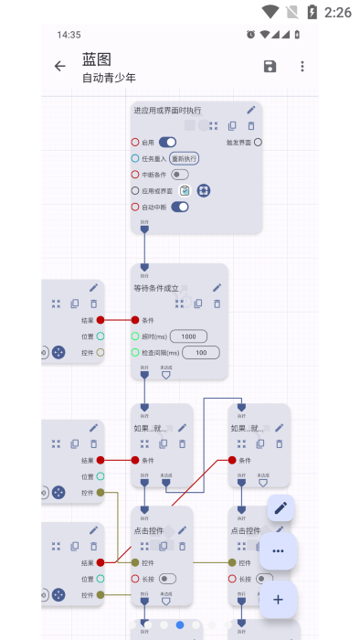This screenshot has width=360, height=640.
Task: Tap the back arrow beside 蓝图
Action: (60, 66)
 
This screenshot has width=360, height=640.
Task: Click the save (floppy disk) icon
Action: (270, 66)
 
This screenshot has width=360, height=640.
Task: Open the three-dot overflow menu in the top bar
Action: (302, 66)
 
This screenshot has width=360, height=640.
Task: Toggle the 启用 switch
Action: (167, 143)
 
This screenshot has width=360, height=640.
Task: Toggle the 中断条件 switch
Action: (180, 175)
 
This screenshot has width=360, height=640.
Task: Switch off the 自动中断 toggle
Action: (180, 207)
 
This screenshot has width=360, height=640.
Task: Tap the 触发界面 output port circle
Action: (258, 142)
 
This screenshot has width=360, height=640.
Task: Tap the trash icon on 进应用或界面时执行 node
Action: (251, 125)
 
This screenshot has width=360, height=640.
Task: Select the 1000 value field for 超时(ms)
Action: (188, 336)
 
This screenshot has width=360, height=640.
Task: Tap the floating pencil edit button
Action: (281, 507)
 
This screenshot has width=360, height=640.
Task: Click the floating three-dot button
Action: (279, 551)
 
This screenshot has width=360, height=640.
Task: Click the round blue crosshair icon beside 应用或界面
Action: (203, 190)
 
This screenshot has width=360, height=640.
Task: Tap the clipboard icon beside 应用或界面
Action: (185, 190)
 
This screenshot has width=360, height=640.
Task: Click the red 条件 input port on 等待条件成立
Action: (135, 320)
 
